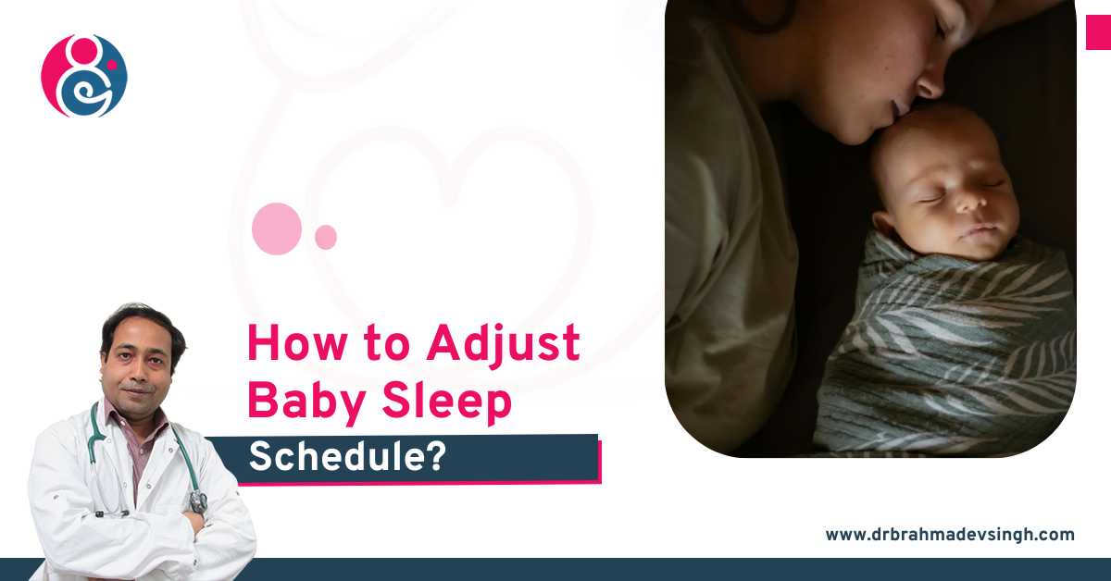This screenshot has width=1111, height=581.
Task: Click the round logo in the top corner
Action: pyautogui.click(x=84, y=76)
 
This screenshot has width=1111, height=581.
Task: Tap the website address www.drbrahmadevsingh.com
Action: pyautogui.click(x=950, y=534)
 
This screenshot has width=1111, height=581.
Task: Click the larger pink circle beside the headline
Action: pyautogui.click(x=277, y=229)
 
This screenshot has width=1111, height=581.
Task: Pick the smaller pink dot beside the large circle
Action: pyautogui.click(x=326, y=237)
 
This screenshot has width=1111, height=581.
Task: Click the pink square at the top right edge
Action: pyautogui.click(x=1098, y=32)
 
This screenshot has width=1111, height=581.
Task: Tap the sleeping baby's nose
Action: pyautogui.click(x=969, y=202)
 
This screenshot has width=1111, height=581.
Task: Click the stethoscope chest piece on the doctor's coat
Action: pyautogui.click(x=197, y=501)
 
